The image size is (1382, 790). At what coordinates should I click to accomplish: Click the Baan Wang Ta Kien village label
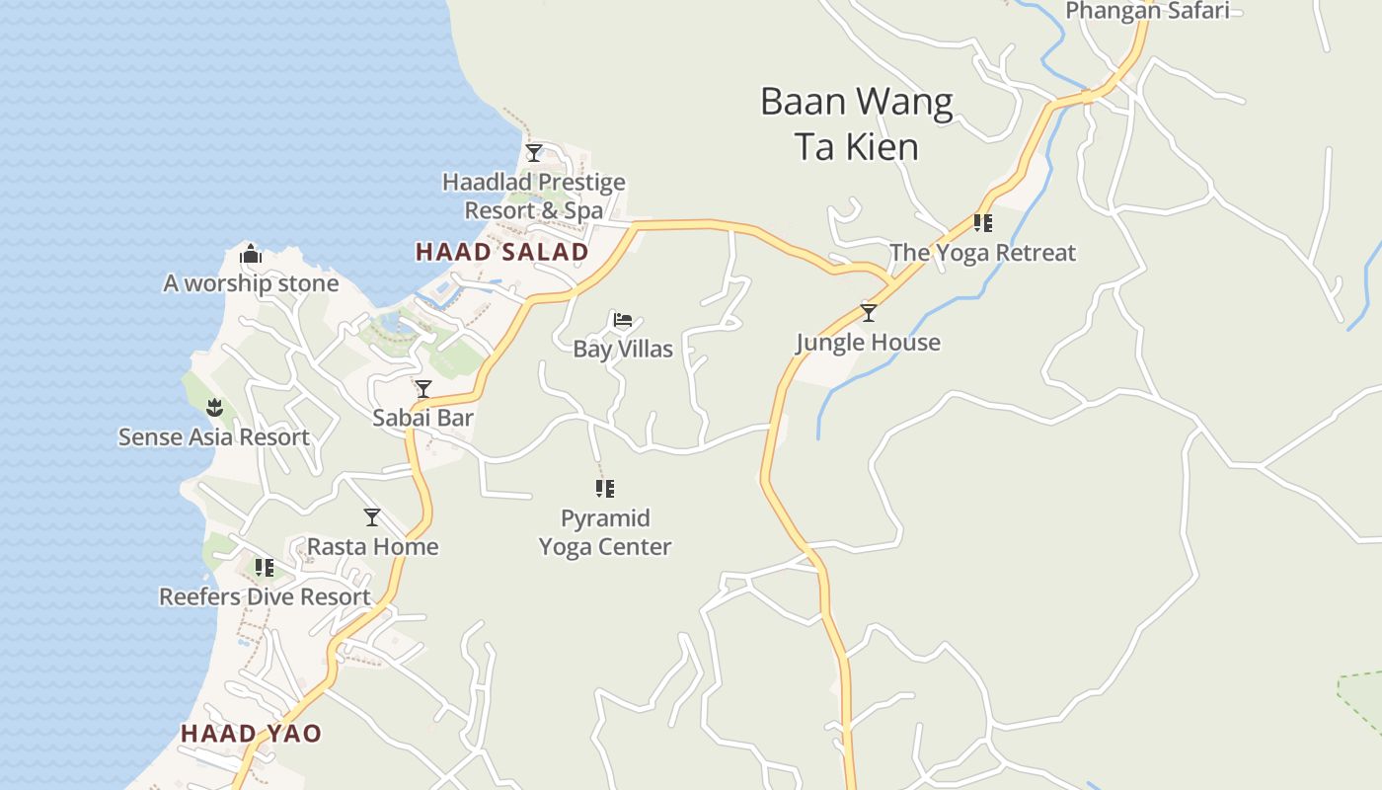click(x=856, y=123)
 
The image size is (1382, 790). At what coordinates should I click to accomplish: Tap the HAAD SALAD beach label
click(x=501, y=252)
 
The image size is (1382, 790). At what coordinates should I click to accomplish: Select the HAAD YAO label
click(x=251, y=734)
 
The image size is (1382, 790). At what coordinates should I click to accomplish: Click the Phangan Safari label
click(x=1147, y=11)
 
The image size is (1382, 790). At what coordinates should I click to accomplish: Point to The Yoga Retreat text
click(x=982, y=253)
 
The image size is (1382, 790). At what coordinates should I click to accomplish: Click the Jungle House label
click(x=868, y=343)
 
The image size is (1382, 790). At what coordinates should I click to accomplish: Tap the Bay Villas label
click(x=623, y=350)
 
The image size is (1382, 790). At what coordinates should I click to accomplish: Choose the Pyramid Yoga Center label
click(x=605, y=532)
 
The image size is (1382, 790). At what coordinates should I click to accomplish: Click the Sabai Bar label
click(x=422, y=418)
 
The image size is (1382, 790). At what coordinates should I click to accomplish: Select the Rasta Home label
click(x=372, y=547)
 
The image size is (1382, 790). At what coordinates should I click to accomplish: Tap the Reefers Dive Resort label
click(x=265, y=597)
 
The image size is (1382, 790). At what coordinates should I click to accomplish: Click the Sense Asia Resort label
click(x=214, y=437)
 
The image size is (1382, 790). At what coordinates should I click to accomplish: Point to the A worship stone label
click(x=251, y=284)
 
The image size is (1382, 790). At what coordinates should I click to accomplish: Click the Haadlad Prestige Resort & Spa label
click(x=534, y=196)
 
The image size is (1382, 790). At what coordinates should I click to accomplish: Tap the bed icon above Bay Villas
click(x=623, y=320)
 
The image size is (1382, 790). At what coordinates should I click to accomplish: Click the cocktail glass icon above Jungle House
click(x=869, y=313)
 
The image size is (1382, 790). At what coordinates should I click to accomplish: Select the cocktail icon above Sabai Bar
click(x=423, y=389)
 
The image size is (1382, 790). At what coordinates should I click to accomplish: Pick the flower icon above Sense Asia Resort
click(x=214, y=408)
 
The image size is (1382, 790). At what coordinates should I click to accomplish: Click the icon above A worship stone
click(x=251, y=255)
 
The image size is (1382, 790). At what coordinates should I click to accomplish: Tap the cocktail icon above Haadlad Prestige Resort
click(x=534, y=153)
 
